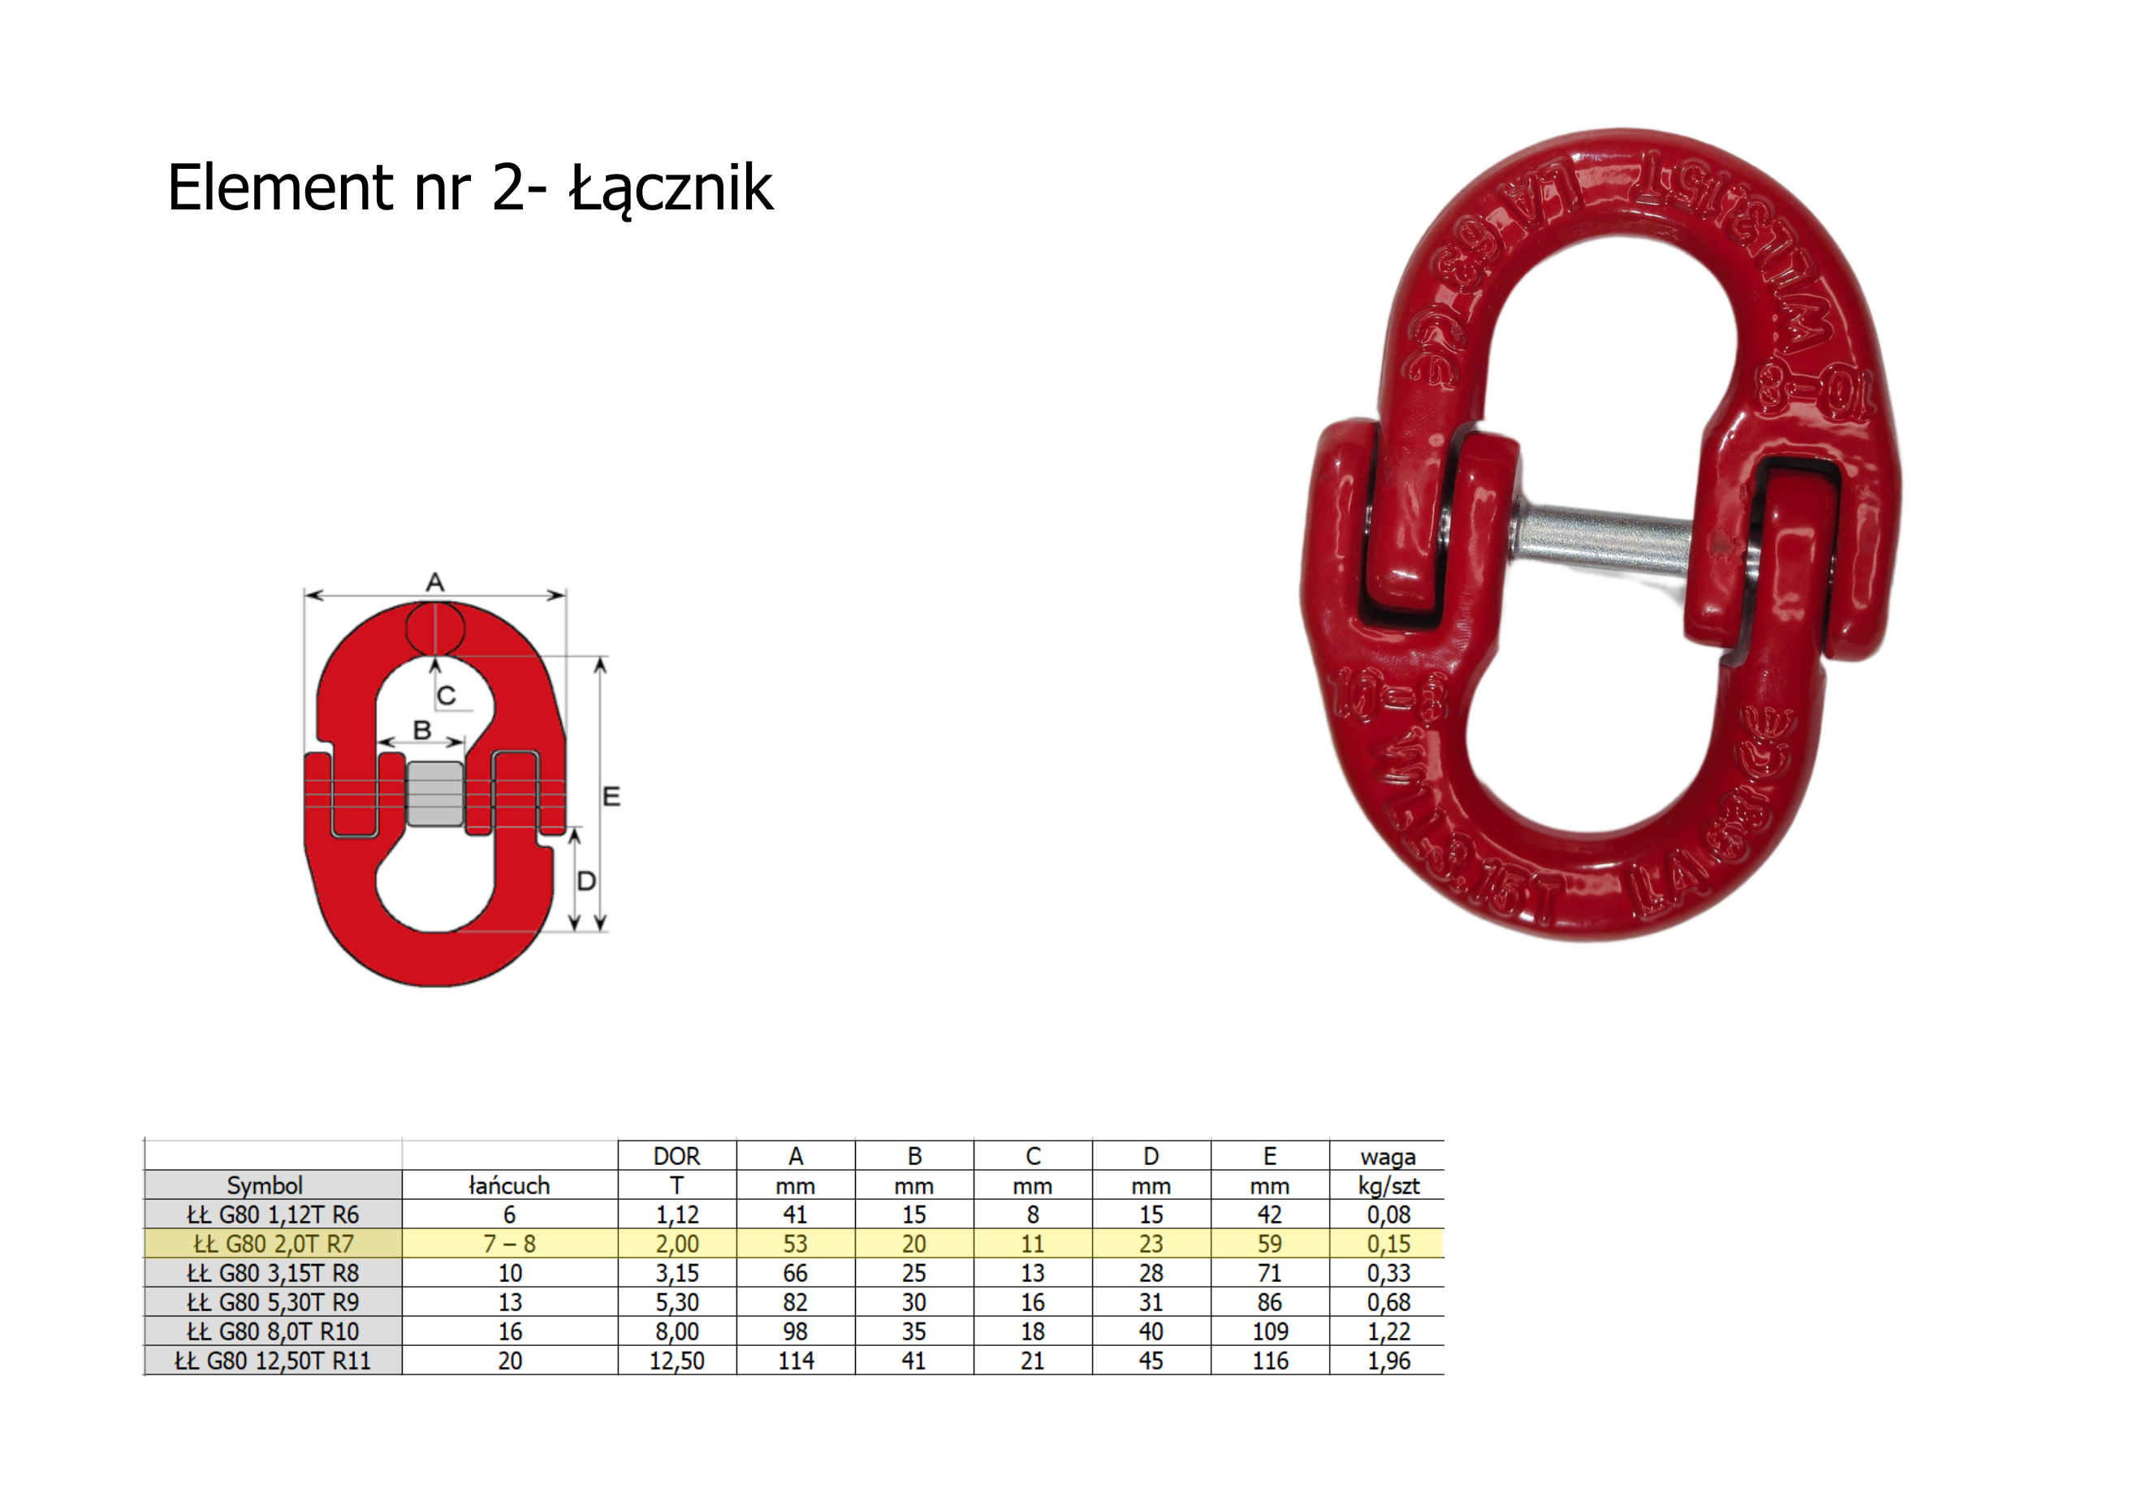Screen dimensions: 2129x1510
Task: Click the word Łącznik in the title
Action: coord(672,188)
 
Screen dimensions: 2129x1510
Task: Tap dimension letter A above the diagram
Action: coord(435,583)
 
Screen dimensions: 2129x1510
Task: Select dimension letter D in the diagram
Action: coord(585,881)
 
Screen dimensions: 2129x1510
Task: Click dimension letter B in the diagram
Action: coord(422,730)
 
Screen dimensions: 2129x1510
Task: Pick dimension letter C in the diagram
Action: coord(447,696)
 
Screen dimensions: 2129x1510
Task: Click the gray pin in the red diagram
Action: coord(435,793)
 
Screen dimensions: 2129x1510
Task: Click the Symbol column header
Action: coord(265,1185)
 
